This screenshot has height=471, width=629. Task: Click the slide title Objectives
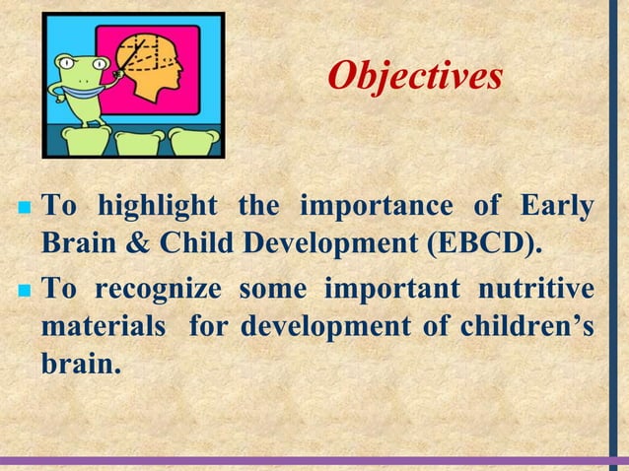[x=414, y=76]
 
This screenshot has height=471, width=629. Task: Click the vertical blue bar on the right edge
[x=613, y=227]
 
